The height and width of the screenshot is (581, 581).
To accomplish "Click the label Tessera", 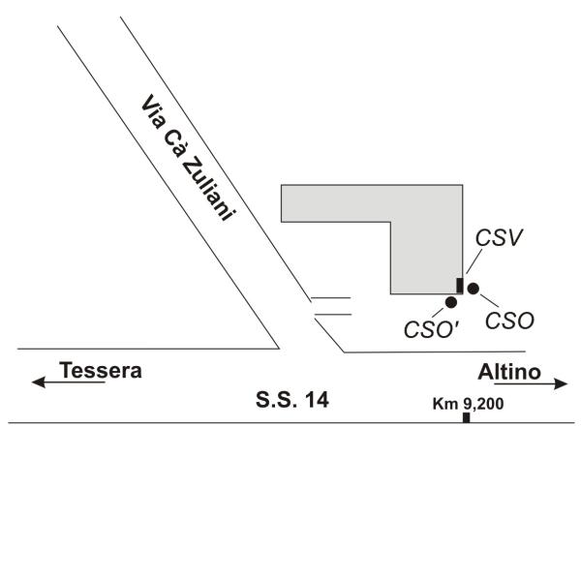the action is [101, 370].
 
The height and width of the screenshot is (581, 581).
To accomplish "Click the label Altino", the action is [509, 372].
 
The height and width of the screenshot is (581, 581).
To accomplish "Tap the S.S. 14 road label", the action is [292, 400].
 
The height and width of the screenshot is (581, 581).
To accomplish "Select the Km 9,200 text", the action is [468, 404].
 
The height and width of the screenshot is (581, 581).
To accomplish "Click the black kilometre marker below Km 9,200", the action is [466, 417].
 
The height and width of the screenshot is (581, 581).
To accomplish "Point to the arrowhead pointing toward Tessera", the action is [38, 382].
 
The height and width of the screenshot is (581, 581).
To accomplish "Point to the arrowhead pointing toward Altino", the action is [561, 383].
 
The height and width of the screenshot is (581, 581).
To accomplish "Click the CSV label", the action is [499, 237].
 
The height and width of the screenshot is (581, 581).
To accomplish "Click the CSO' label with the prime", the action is [431, 329].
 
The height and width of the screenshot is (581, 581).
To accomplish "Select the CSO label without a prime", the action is [509, 321].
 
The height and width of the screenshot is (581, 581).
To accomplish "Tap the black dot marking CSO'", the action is [451, 302].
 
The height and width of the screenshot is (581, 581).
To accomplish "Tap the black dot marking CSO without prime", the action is [474, 289].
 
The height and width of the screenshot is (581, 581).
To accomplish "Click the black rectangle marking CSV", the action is [459, 286].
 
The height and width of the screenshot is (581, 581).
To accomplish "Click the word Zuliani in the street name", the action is [208, 189].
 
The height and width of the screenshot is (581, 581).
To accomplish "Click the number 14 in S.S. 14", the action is [317, 400].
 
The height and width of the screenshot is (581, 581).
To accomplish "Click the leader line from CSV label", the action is [474, 261].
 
